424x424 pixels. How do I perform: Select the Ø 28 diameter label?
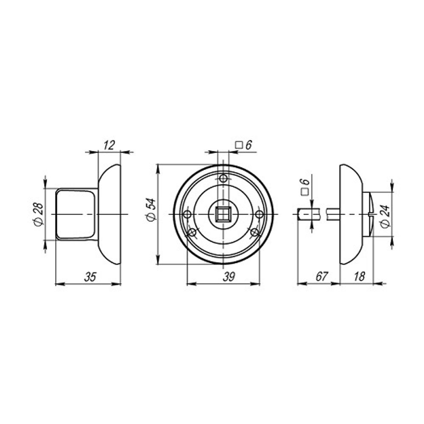[38, 215]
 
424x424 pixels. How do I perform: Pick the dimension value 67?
[321, 277]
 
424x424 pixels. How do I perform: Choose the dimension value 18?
[359, 277]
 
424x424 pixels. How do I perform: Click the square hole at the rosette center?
[221, 215]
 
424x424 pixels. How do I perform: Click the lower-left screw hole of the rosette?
[192, 232]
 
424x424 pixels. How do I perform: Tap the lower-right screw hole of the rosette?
[254, 232]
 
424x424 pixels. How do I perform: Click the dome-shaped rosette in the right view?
[350, 215]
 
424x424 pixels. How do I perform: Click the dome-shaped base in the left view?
[110, 215]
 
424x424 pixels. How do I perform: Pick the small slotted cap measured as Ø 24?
[368, 215]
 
